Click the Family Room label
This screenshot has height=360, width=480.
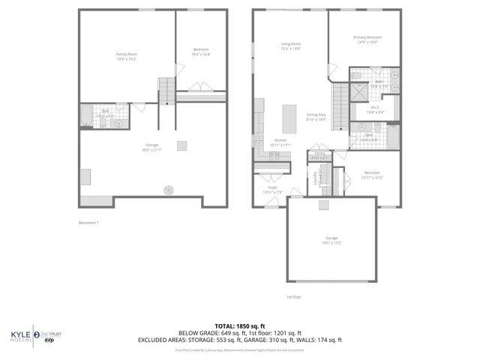126,56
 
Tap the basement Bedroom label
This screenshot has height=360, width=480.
200,52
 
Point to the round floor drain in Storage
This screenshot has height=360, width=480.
169,189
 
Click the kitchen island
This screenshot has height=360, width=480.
287,117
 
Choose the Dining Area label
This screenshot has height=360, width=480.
316,116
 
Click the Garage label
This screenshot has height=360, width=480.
331,241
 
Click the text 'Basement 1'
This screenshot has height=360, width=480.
89,223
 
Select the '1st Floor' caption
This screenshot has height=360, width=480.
293,297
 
